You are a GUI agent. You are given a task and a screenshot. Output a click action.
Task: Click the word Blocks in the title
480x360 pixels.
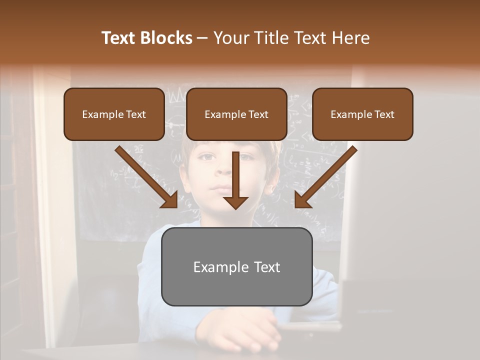[166, 38]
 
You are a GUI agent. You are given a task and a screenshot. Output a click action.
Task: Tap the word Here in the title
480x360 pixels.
[350, 38]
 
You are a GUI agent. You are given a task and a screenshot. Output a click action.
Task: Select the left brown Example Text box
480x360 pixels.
[114, 114]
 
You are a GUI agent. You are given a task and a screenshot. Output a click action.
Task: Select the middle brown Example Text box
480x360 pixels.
[236, 114]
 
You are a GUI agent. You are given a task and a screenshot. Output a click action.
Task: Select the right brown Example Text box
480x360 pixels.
[362, 114]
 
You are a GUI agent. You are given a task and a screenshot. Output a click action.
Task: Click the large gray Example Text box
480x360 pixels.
[236, 266]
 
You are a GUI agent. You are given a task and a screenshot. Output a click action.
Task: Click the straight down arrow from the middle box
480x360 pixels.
[235, 175]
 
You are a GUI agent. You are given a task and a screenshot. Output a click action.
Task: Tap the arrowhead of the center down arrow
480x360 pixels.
[235, 202]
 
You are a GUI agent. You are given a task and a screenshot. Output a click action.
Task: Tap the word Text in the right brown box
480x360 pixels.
[384, 114]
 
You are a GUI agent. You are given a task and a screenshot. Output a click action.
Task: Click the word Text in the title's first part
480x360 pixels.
[118, 38]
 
